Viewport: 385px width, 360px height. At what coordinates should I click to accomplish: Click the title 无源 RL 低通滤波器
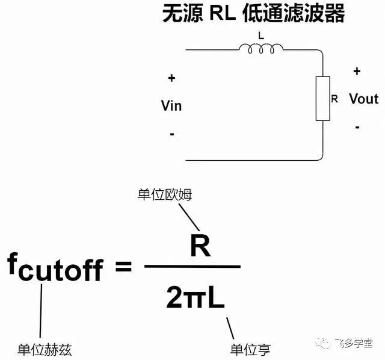[253, 14]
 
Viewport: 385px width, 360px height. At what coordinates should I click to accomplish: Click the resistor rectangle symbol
[323, 99]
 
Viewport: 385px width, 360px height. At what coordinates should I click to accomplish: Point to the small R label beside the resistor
[334, 98]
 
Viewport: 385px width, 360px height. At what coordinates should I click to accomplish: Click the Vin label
[171, 106]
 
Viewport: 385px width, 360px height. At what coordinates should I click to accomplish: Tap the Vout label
[363, 99]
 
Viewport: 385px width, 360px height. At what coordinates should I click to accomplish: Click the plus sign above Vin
[171, 78]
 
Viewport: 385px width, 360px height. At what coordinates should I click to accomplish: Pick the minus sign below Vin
[171, 134]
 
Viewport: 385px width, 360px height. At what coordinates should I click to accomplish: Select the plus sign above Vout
[357, 71]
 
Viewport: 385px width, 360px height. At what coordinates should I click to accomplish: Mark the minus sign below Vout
[357, 127]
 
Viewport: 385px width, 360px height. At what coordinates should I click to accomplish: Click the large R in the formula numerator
[200, 244]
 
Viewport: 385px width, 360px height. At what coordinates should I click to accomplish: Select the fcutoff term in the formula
[55, 267]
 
